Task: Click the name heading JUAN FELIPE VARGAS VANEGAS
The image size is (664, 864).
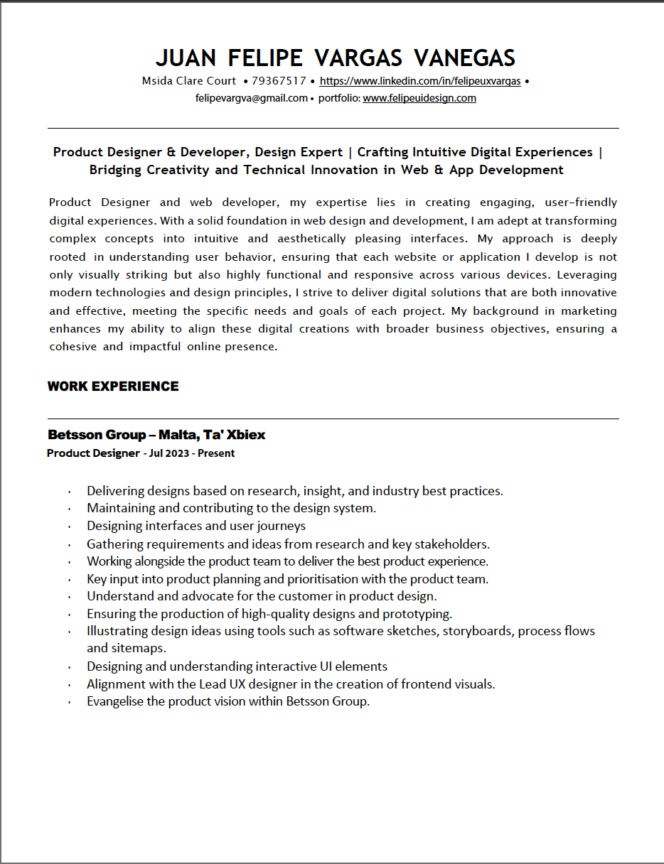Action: pos(335,58)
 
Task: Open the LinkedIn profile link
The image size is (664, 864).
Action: pos(419,81)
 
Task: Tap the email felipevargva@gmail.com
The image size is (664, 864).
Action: pos(251,98)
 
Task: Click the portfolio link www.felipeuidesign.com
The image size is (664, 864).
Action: pos(419,98)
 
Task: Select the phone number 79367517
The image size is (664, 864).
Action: pos(279,81)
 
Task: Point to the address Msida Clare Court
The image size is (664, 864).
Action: pos(188,81)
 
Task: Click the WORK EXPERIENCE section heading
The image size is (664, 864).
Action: pos(113,387)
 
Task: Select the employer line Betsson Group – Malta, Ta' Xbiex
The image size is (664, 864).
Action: pos(156,435)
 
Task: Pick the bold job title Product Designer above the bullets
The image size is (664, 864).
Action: pos(93,453)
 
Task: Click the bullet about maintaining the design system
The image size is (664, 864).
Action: pos(231,508)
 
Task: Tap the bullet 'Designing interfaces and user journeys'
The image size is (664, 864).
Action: pos(196,526)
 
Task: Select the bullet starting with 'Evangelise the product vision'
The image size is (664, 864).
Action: pos(228,701)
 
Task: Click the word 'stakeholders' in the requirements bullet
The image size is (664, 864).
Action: pos(452,544)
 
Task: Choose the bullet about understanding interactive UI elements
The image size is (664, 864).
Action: pos(237,666)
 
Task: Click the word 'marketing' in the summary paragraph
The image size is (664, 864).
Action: pos(589,311)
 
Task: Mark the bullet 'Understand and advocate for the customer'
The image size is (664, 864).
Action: pos(262,596)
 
